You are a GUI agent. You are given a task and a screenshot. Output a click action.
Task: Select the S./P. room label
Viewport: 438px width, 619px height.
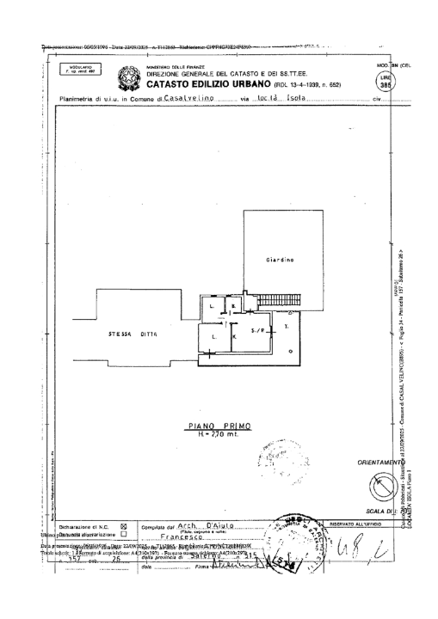pos(257,330)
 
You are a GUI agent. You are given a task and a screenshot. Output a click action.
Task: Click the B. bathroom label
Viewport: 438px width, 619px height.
pos(233,306)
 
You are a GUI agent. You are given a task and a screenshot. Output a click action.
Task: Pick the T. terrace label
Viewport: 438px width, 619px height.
pos(287,327)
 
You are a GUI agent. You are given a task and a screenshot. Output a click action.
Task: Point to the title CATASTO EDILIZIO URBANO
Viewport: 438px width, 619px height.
pos(207,85)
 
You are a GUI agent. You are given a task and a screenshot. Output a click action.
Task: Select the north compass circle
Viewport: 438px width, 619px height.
pos(378,487)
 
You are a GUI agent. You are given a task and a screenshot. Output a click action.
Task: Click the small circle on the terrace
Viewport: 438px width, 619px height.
pos(290,351)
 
